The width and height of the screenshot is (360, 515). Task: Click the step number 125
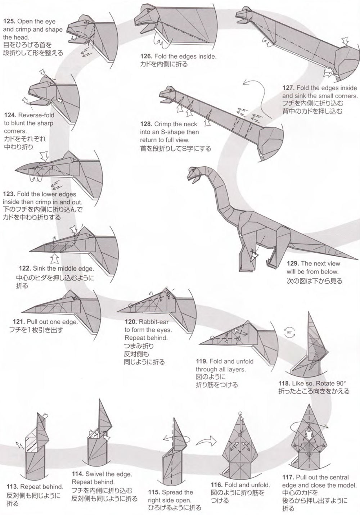click(x=9, y=21)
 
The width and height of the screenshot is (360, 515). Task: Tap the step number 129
click(x=293, y=263)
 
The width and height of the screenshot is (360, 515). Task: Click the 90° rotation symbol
click(x=289, y=332)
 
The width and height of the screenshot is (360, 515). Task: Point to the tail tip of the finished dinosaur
click(x=358, y=259)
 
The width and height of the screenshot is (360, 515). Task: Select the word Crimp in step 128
click(x=162, y=124)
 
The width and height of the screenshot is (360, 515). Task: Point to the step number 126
click(x=147, y=57)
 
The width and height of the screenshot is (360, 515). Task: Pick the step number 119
click(x=202, y=361)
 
